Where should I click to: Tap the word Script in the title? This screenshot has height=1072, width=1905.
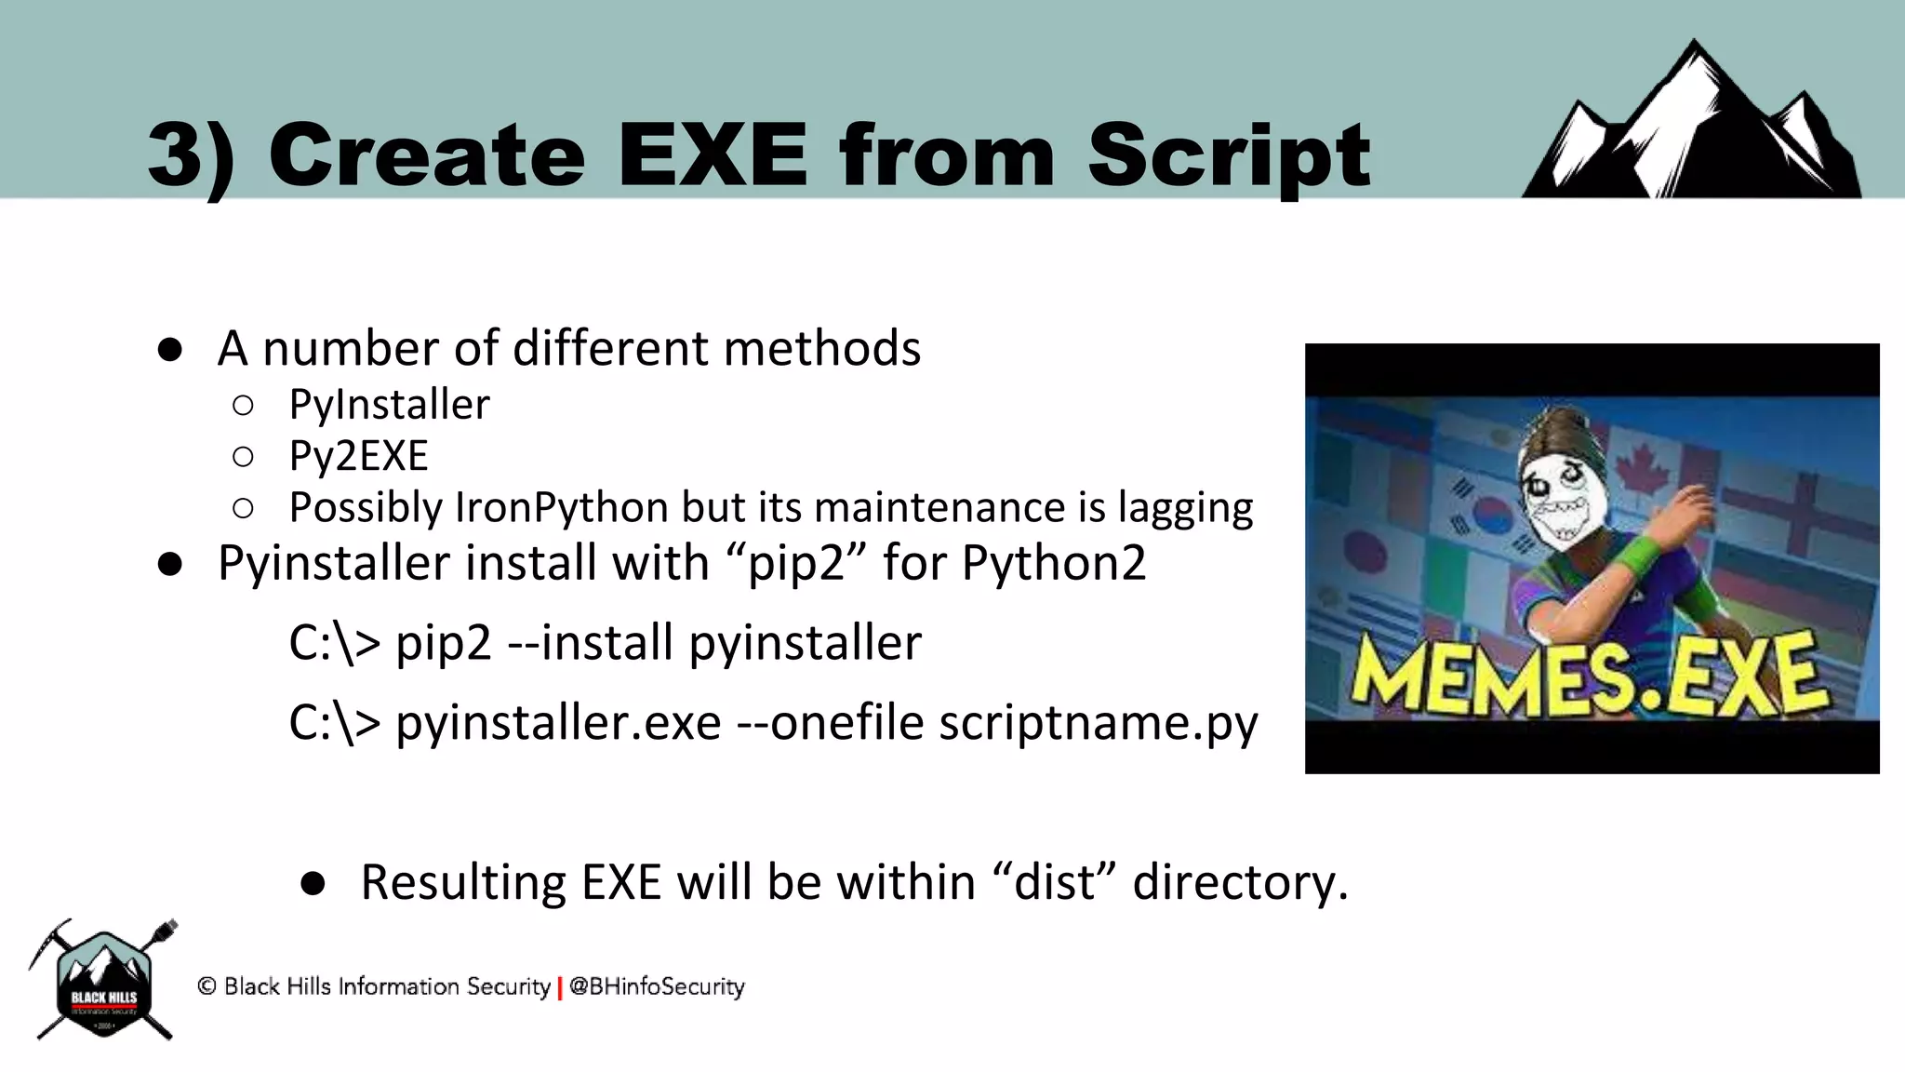pyautogui.click(x=1228, y=156)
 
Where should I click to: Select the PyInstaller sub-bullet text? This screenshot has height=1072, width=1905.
pyautogui.click(x=389, y=405)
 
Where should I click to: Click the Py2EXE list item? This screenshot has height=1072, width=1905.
pyautogui.click(x=358, y=456)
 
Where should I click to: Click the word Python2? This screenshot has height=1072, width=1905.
pyautogui.click(x=1053, y=563)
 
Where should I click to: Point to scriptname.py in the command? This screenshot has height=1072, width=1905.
pyautogui.click(x=1098, y=723)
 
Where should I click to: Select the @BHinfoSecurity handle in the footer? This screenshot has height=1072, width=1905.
pyautogui.click(x=657, y=986)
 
